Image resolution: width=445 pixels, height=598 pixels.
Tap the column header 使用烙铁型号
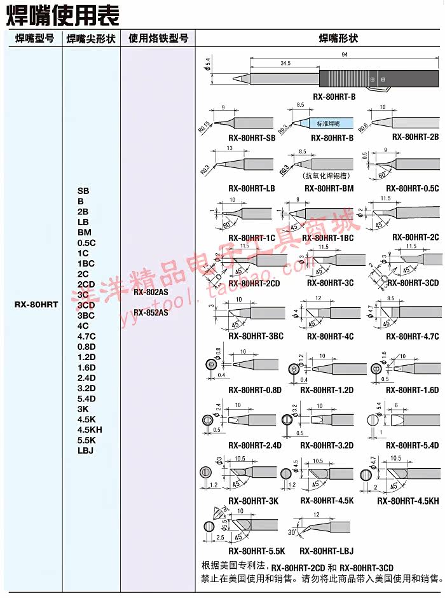click(158, 39)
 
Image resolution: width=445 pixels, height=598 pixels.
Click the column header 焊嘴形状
click(338, 39)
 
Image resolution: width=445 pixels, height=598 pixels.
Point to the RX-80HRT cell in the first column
click(35, 305)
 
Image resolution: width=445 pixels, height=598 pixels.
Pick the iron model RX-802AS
click(151, 292)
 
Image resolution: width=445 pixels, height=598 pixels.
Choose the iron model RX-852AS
click(151, 312)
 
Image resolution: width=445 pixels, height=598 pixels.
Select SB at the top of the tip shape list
click(83, 190)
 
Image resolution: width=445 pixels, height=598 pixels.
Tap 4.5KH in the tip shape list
click(90, 429)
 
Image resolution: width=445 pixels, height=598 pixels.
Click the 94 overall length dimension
click(344, 57)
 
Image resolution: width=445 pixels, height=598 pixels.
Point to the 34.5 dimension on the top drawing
click(284, 64)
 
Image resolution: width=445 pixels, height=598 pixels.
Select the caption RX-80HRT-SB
click(251, 137)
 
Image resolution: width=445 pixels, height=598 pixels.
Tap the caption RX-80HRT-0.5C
click(413, 188)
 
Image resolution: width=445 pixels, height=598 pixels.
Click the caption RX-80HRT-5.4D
click(413, 445)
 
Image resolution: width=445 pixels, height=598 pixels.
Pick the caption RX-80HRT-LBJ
click(326, 551)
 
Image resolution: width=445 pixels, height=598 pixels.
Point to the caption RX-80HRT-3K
click(253, 501)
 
